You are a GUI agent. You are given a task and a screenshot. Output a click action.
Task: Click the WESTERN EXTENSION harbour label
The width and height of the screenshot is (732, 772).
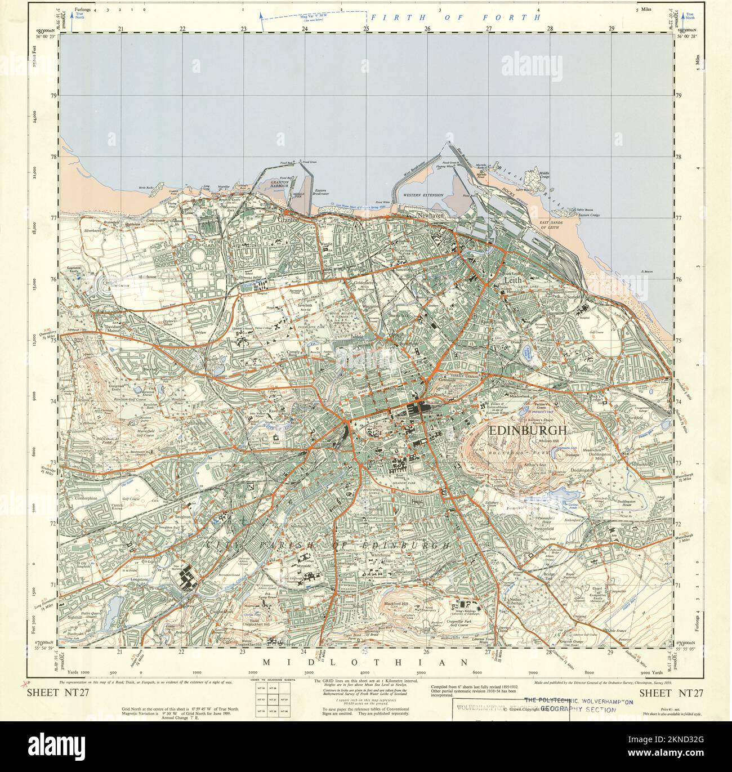pos(423,195)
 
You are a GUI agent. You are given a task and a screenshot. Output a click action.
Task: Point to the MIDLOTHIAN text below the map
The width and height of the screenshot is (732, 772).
pos(366,662)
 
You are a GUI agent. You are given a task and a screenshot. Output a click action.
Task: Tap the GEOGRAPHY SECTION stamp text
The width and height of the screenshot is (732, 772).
pos(578,710)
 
